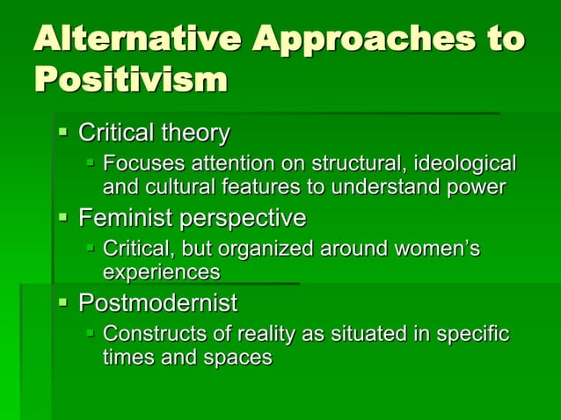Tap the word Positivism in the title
click(130, 80)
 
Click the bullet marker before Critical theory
click(62, 133)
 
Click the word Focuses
click(141, 164)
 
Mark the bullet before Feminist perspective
click(62, 216)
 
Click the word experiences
click(161, 272)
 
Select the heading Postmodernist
click(158, 304)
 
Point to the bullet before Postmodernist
click(62, 303)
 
